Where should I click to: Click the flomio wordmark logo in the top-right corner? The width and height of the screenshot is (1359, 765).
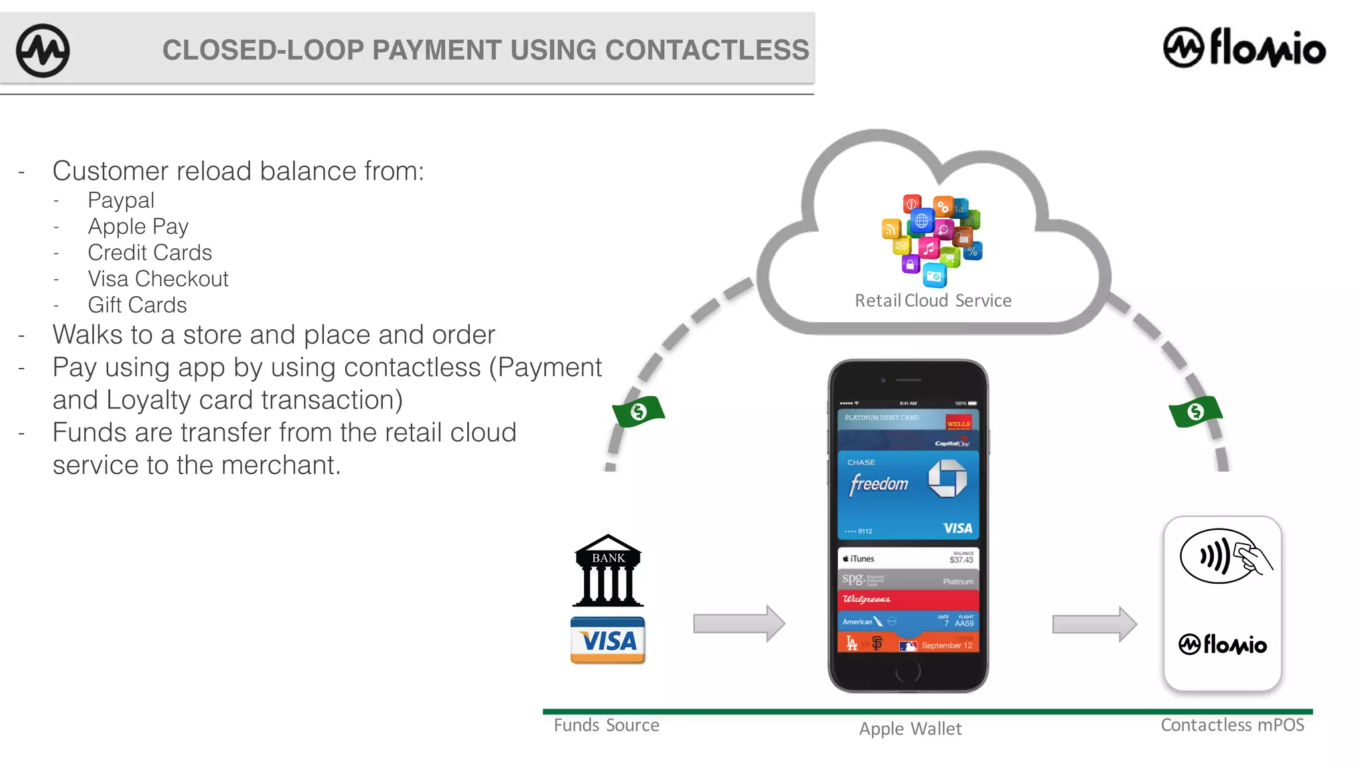[1245, 48]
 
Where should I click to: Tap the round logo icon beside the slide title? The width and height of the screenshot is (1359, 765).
[42, 50]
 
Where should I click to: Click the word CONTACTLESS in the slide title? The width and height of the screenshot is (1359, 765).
[707, 50]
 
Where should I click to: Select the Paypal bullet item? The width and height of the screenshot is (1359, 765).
[121, 200]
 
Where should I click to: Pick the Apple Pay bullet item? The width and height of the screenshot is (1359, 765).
[138, 226]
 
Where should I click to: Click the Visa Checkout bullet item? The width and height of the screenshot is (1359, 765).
[158, 279]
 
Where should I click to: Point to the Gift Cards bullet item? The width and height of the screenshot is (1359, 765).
[137, 305]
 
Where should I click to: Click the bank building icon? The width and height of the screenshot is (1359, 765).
[608, 570]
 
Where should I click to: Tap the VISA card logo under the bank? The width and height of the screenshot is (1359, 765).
[608, 640]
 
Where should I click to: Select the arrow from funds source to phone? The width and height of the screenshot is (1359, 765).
[739, 624]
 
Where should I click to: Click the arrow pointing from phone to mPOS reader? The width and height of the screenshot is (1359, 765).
[1094, 624]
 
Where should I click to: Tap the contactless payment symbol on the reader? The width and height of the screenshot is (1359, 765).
[1224, 556]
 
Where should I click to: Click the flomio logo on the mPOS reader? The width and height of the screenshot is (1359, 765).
[1222, 644]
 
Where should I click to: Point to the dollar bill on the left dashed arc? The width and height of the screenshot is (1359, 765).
[638, 412]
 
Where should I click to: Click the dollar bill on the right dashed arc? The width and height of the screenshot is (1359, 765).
[1195, 412]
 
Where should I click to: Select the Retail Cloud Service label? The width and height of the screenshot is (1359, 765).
[933, 301]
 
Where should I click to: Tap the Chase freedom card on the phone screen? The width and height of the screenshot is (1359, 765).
[908, 495]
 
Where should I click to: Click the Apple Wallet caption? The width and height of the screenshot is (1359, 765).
[910, 729]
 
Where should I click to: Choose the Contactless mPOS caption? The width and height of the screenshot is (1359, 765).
[1232, 725]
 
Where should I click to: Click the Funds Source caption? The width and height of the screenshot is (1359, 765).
[607, 725]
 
